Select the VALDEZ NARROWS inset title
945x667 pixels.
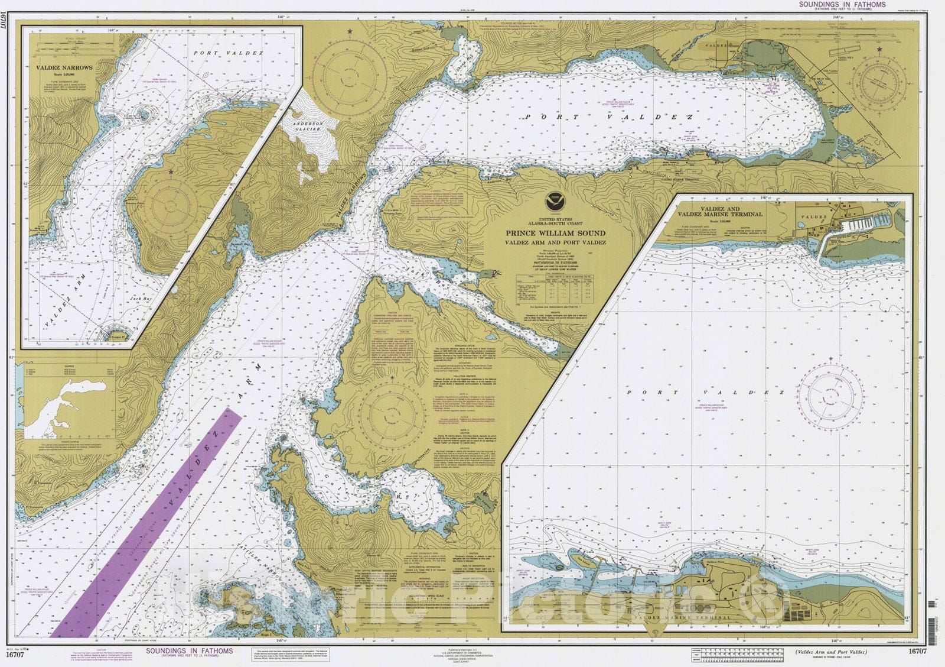64,68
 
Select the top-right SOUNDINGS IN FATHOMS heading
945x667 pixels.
842,4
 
